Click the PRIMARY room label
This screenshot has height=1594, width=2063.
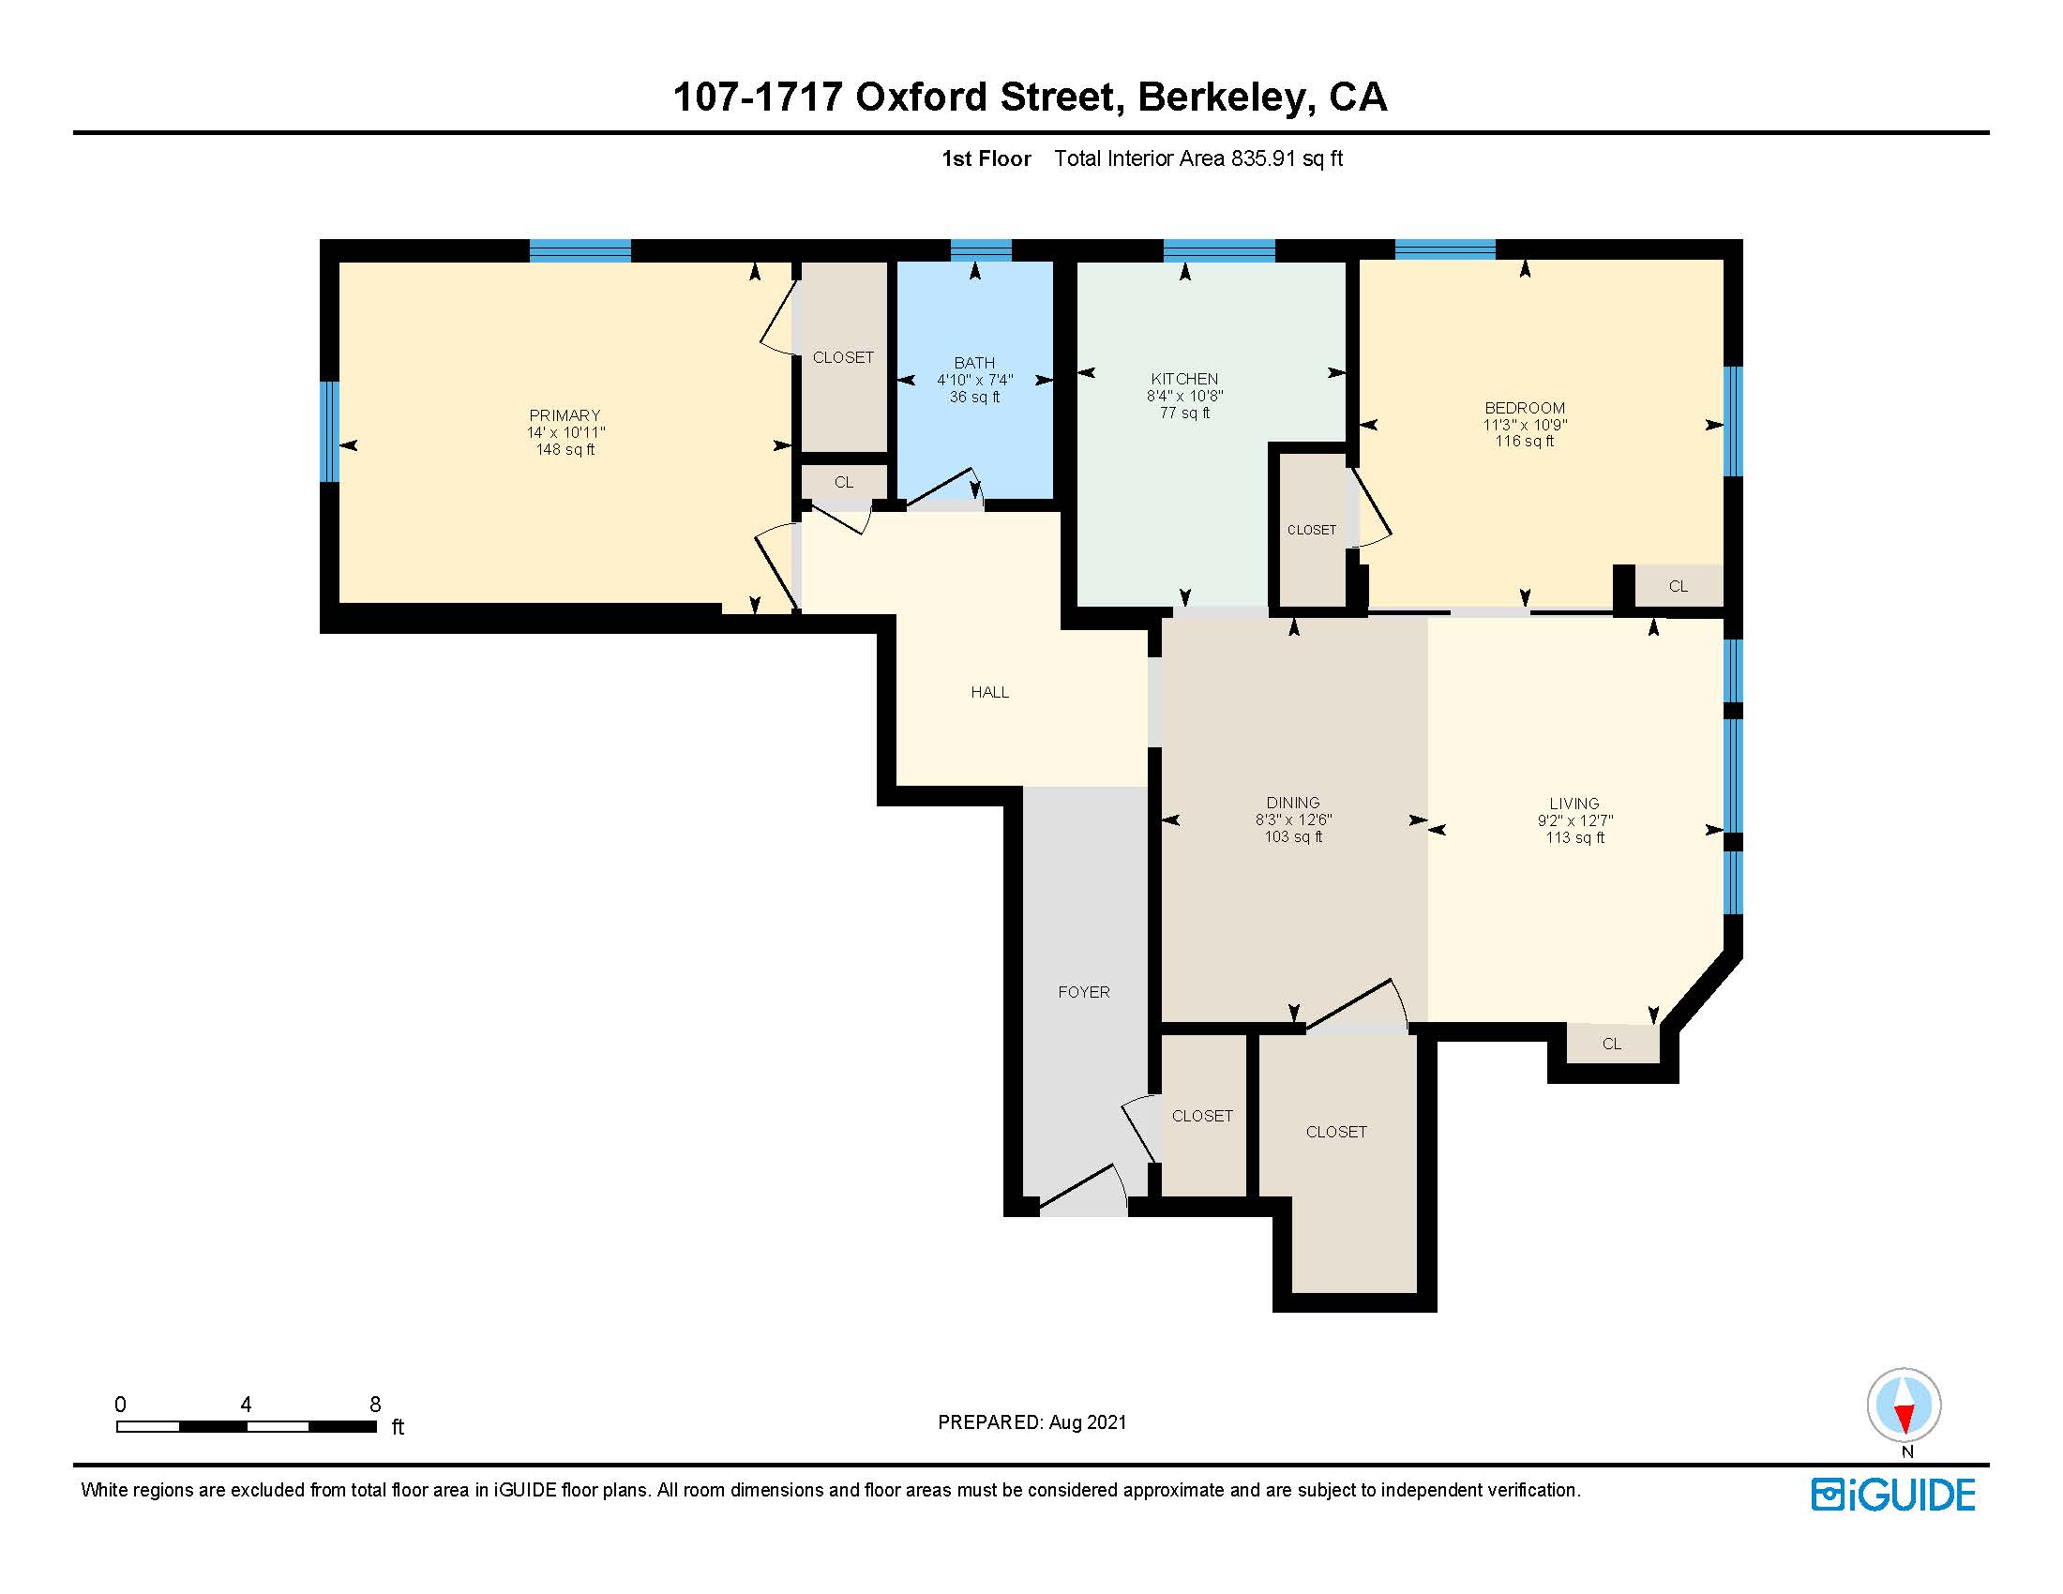pyautogui.click(x=564, y=415)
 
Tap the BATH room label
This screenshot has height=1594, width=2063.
pyautogui.click(x=974, y=363)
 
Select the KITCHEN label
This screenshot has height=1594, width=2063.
pyautogui.click(x=1184, y=379)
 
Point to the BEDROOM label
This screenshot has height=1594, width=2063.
pyautogui.click(x=1525, y=408)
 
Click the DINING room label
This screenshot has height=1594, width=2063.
pyautogui.click(x=1293, y=803)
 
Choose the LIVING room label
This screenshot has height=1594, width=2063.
pyautogui.click(x=1574, y=804)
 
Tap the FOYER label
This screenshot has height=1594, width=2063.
pyautogui.click(x=1083, y=992)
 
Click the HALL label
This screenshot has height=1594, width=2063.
pyautogui.click(x=990, y=692)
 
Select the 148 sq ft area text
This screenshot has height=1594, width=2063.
pyautogui.click(x=565, y=449)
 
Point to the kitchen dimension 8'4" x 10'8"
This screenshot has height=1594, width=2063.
pyautogui.click(x=1184, y=396)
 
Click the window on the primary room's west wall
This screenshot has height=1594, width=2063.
pyautogui.click(x=329, y=431)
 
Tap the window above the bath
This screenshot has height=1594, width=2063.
pyautogui.click(x=981, y=250)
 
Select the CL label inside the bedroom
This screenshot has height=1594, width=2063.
pyautogui.click(x=1679, y=586)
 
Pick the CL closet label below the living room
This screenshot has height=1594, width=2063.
pyautogui.click(x=1611, y=1044)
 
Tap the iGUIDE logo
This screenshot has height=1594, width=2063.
pyautogui.click(x=1893, y=1495)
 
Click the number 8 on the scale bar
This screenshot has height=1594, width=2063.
pyautogui.click(x=375, y=1405)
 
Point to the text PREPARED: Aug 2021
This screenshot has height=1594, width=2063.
pyautogui.click(x=1031, y=1422)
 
